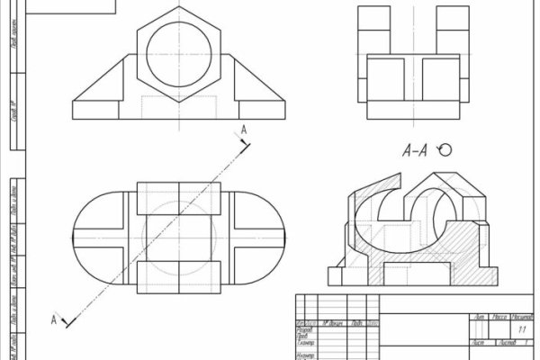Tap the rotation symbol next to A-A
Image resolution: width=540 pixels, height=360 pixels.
click(443, 151)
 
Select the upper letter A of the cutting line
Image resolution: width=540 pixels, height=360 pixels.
click(243, 131)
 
